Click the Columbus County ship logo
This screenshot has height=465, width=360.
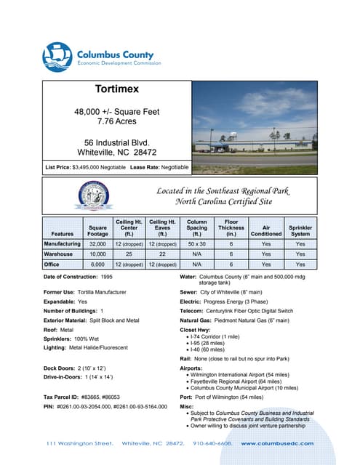pyautogui.click(x=58, y=55)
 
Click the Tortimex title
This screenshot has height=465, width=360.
pyautogui.click(x=116, y=90)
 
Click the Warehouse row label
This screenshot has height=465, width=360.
pyautogui.click(x=63, y=254)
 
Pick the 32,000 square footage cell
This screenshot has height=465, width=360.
pyautogui.click(x=98, y=244)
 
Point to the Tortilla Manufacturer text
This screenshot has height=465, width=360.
pyautogui.click(x=99, y=291)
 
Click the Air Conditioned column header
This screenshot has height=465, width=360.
pyautogui.click(x=265, y=230)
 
